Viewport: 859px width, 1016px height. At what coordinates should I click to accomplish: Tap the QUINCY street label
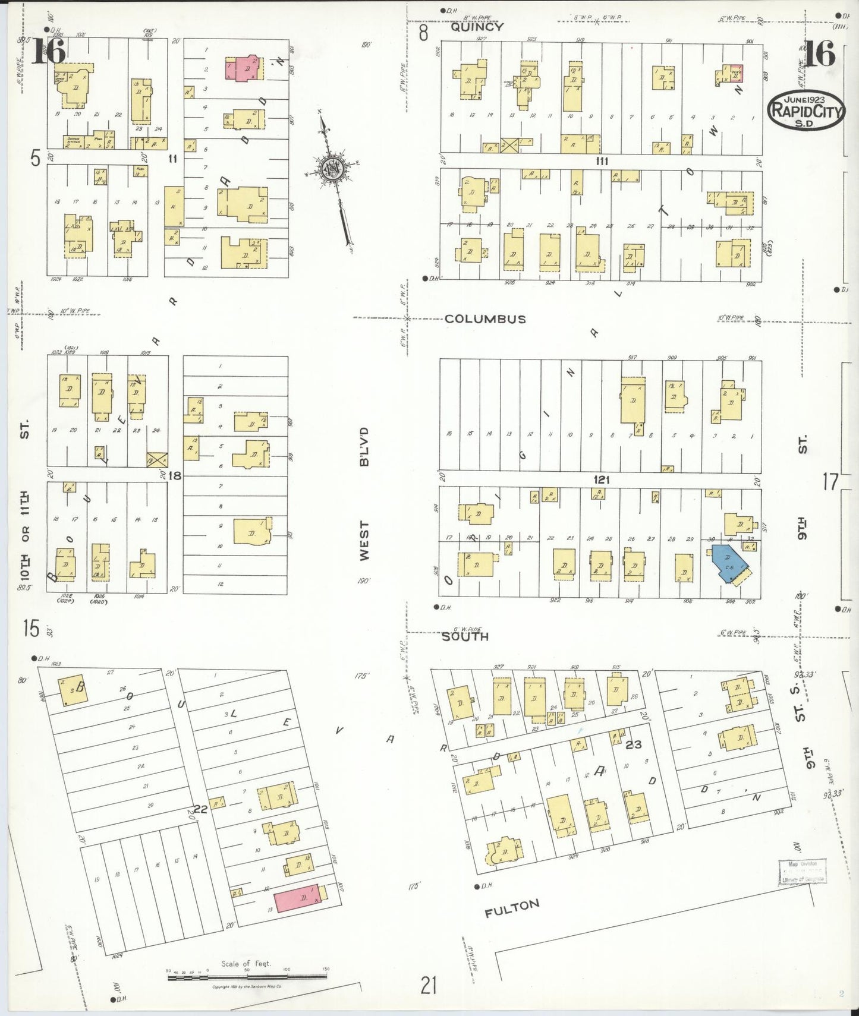[x=477, y=27]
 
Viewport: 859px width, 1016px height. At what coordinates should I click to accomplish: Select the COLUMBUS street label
[x=485, y=319]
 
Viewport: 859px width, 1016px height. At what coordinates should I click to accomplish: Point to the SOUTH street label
[x=465, y=636]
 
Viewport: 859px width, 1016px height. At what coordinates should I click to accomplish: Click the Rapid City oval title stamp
[x=806, y=111]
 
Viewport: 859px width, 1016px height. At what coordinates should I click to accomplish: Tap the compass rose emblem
[x=331, y=169]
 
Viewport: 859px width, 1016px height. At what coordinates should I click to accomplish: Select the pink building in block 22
[x=297, y=898]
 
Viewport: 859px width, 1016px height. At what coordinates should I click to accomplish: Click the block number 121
[x=602, y=479]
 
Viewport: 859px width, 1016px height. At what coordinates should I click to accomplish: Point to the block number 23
[x=633, y=744]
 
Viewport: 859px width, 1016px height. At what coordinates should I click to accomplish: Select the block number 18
[x=175, y=475]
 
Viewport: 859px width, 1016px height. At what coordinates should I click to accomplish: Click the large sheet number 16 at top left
[x=49, y=52]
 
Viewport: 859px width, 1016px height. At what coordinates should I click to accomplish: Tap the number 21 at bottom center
[x=429, y=986]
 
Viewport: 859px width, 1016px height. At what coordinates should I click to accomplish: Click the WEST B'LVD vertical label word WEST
[x=364, y=541]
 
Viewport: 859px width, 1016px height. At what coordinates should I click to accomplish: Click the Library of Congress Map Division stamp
[x=802, y=872]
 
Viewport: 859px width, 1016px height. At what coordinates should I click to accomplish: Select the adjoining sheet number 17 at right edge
[x=830, y=482]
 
